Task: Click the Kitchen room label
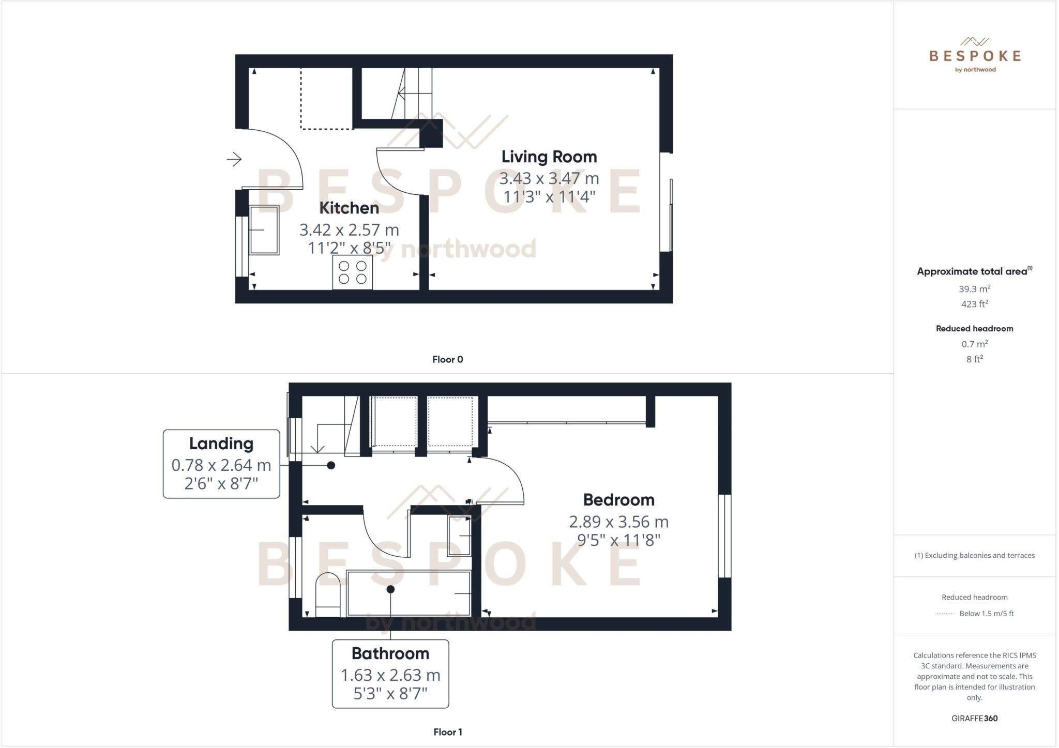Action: [349, 208]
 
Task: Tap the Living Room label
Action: [549, 157]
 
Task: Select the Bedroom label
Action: [618, 500]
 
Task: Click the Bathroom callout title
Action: [390, 653]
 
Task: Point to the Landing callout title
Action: [221, 444]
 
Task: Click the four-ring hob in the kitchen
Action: [353, 272]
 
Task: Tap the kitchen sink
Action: [264, 230]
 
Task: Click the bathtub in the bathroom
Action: [409, 593]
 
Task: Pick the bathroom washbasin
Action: [459, 536]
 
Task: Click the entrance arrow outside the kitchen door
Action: [234, 159]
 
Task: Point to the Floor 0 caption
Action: [448, 359]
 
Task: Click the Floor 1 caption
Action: [448, 732]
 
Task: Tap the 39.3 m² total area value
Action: [974, 289]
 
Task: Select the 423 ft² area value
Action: [974, 304]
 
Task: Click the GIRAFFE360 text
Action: [974, 718]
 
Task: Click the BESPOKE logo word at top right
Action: [975, 56]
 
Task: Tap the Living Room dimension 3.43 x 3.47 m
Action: [549, 178]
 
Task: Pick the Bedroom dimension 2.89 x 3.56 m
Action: [618, 522]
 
